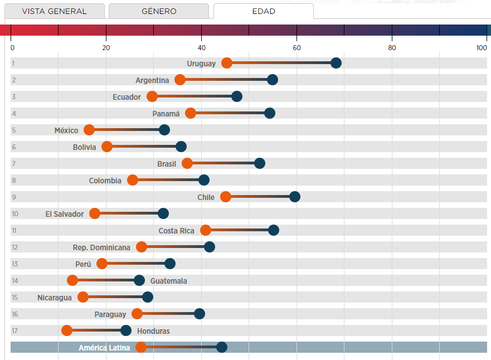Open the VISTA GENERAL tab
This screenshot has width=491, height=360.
click(54, 11)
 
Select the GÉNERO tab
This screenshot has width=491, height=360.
click(159, 11)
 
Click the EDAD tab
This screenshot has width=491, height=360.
click(263, 11)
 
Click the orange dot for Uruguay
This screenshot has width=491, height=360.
click(227, 63)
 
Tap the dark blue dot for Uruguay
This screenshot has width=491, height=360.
click(336, 63)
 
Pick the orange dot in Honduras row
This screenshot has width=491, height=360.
click(67, 330)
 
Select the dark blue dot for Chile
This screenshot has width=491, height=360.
click(295, 197)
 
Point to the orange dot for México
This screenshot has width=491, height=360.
click(89, 130)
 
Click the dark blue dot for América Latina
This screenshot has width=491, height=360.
click(222, 347)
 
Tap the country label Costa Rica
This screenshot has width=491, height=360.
click(176, 231)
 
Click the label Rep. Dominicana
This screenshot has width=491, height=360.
click(101, 247)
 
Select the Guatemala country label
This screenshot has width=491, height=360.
click(168, 281)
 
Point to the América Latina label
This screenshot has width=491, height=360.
click(104, 348)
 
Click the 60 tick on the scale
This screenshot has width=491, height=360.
click(297, 48)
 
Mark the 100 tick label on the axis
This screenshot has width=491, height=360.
click(482, 48)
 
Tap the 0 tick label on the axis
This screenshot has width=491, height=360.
click(12, 48)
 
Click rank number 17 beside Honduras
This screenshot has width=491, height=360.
click(15, 331)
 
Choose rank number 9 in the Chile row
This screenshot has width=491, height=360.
click(13, 197)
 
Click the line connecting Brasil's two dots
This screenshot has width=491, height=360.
click(223, 163)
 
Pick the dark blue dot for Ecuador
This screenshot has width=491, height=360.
click(237, 96)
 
